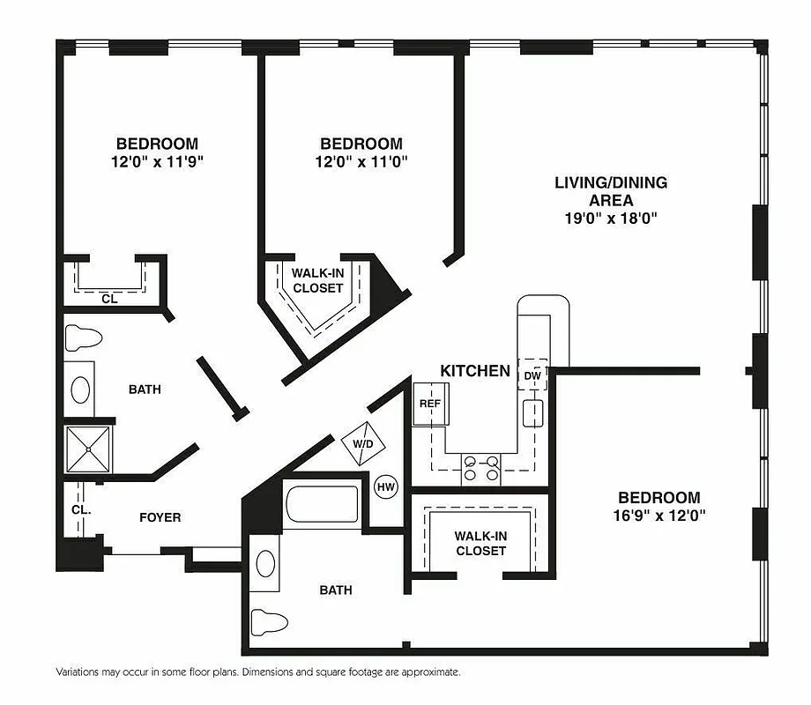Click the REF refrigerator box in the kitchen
(x=429, y=404)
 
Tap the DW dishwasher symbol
(x=532, y=375)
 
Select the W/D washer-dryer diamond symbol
(x=362, y=443)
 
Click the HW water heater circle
(x=385, y=486)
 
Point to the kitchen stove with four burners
(x=481, y=468)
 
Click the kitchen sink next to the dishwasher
(x=532, y=412)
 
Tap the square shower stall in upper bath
(x=88, y=449)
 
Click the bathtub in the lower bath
(x=322, y=505)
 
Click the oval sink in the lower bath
(x=265, y=562)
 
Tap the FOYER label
(x=160, y=517)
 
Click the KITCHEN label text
(x=475, y=371)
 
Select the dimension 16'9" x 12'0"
(x=658, y=515)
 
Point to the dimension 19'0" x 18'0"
(x=611, y=218)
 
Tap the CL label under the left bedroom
(x=109, y=299)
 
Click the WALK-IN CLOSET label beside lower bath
(x=480, y=543)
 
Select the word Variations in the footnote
(x=80, y=672)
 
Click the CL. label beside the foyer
(x=79, y=509)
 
